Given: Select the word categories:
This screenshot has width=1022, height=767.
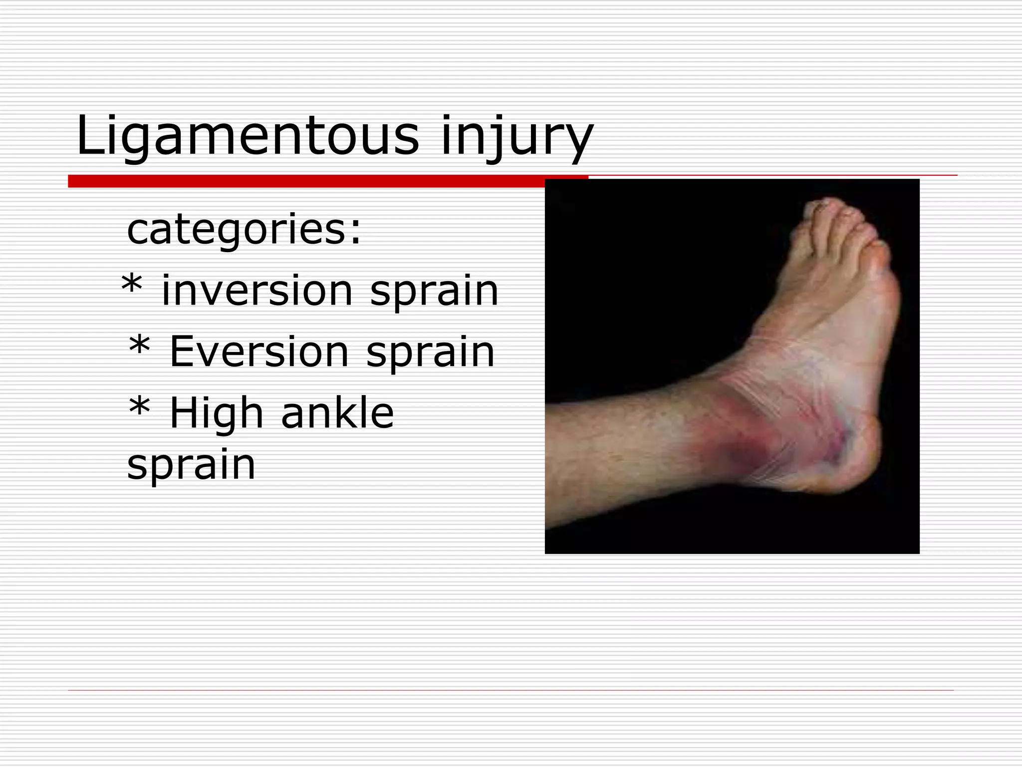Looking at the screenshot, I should point(244,230).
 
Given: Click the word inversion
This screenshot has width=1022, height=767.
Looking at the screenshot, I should point(257,291).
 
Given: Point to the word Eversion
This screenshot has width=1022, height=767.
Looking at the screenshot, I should point(259,352).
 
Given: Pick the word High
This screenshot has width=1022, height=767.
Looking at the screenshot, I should point(216,413).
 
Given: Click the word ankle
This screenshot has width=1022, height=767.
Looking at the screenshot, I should point(337,413).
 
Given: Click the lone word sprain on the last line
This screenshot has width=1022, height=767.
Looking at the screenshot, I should point(191,464).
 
